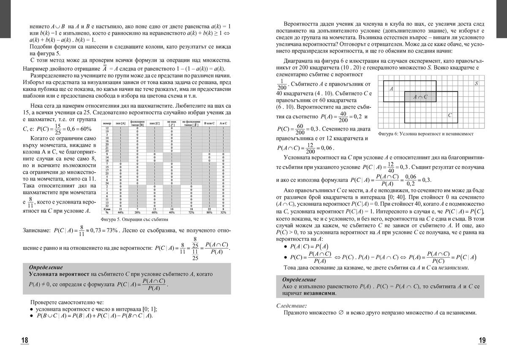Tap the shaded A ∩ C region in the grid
420,97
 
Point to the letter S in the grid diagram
476,84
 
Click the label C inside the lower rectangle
450,115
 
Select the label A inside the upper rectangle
391,89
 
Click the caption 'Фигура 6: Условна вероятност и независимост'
426,134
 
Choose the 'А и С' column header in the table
224,123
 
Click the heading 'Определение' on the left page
46,267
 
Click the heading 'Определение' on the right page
299,280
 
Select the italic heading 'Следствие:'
291,305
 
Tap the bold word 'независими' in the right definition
319,293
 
